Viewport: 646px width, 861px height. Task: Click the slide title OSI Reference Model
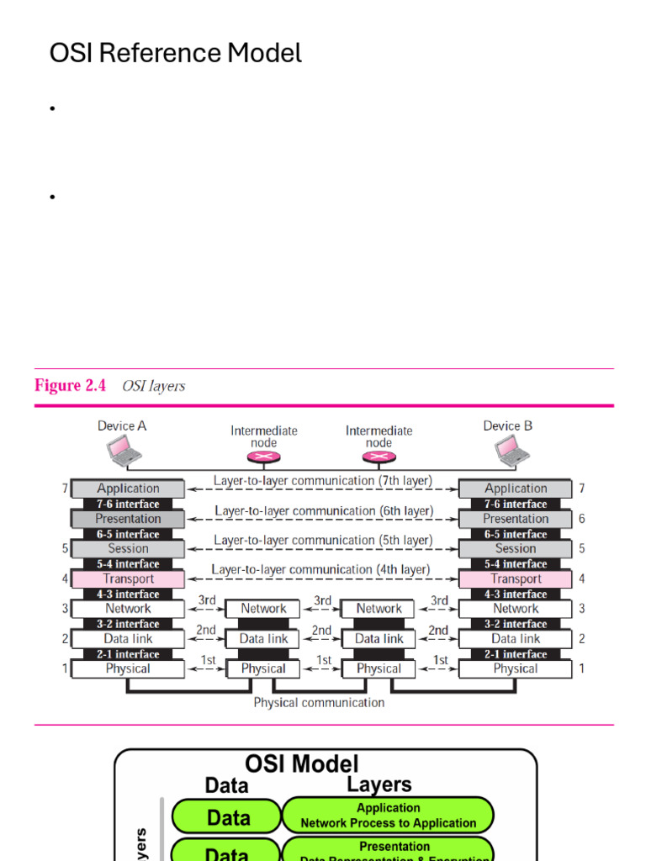175,54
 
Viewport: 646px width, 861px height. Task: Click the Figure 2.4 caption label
71,386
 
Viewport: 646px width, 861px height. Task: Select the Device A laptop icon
123,454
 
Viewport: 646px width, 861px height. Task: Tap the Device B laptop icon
511,452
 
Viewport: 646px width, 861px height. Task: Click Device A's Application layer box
128,489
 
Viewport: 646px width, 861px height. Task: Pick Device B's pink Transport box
516,578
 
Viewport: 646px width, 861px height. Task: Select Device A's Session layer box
128,548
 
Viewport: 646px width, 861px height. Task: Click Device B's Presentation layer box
516,519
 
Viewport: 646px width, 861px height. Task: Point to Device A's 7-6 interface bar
128,504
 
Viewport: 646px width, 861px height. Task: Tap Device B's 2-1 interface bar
516,654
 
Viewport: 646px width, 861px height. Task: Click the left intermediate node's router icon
263,457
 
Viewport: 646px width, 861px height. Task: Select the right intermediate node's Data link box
379,639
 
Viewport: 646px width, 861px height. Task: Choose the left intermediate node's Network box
263,609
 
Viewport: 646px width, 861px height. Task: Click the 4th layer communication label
320,569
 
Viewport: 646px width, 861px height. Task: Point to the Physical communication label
319,702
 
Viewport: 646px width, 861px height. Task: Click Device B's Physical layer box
516,669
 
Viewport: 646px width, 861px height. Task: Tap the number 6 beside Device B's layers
581,519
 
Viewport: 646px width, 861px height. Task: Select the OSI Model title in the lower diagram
301,763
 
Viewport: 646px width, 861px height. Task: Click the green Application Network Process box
388,816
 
